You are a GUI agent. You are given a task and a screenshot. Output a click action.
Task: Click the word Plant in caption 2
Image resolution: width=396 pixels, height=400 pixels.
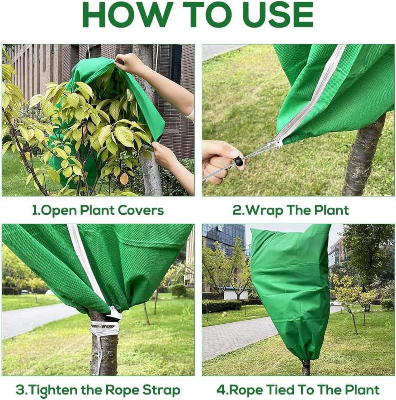tap(332, 210)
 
